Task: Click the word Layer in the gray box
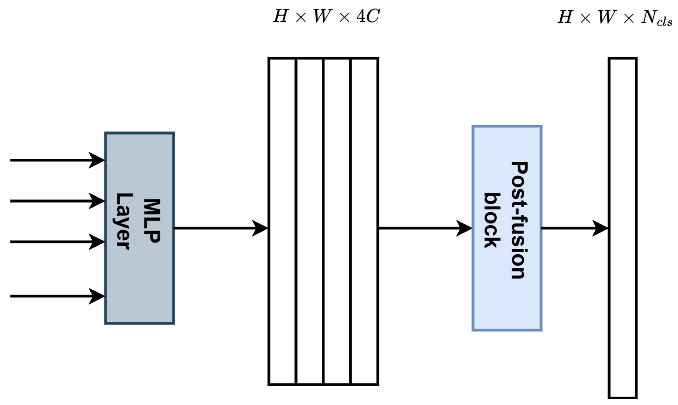click(124, 221)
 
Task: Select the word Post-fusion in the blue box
click(519, 220)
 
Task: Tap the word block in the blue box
click(492, 221)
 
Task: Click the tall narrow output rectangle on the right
click(623, 228)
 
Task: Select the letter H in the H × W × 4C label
click(281, 16)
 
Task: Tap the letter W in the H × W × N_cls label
click(607, 17)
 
